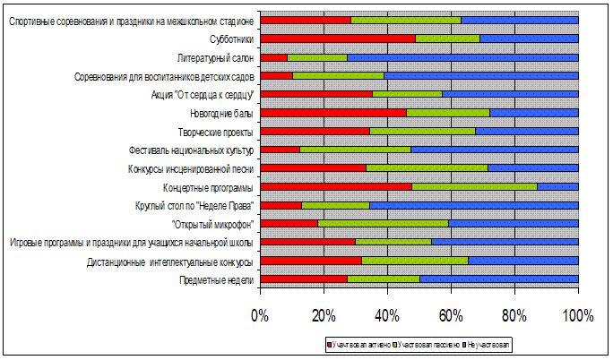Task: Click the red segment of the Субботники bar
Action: pyautogui.click(x=337, y=39)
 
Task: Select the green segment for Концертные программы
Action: pyautogui.click(x=474, y=187)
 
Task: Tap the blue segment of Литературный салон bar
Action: pyautogui.click(x=462, y=57)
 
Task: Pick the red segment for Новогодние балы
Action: pyautogui.click(x=332, y=113)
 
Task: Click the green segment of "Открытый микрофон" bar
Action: pyautogui.click(x=383, y=224)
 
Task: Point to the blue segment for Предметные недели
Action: pyautogui.click(x=498, y=279)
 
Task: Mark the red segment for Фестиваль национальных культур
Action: pyautogui.click(x=280, y=150)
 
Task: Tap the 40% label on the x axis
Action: pyautogui.click(x=387, y=315)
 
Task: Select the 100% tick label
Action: pyautogui.click(x=578, y=315)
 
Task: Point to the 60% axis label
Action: pyautogui.click(x=451, y=315)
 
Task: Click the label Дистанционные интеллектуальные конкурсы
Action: pyautogui.click(x=170, y=261)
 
